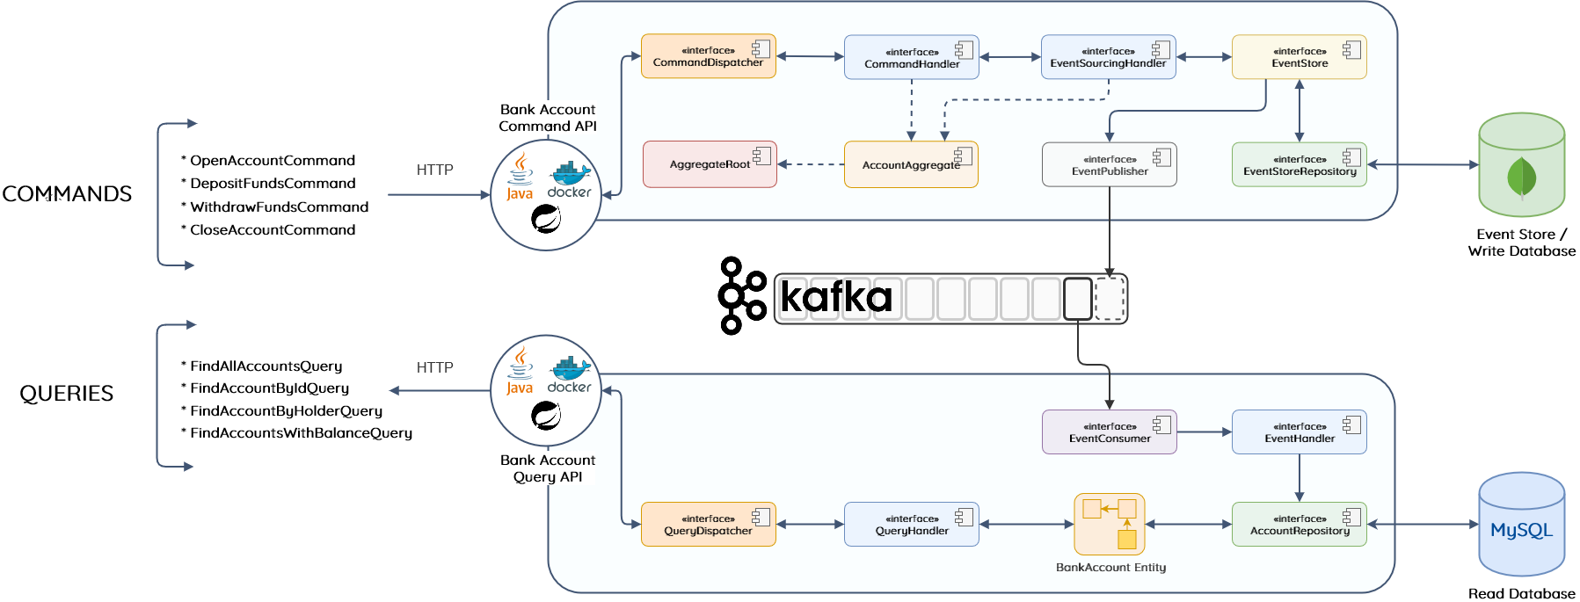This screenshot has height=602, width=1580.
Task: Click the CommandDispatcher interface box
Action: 708,56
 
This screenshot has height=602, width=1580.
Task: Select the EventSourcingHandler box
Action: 1108,57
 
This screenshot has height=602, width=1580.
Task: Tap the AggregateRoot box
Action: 710,164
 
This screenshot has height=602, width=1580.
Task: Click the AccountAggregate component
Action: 911,164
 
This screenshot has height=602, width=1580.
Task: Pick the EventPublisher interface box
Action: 1109,165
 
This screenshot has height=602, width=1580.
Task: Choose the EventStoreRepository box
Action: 1299,165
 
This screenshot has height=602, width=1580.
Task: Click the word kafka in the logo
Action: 835,297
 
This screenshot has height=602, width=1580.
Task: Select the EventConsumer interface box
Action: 1109,432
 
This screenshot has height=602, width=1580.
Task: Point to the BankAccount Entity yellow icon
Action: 1110,524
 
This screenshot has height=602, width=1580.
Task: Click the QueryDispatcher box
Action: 708,525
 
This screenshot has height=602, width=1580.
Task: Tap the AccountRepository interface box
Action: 1299,525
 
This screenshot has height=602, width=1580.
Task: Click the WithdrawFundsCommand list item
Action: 279,207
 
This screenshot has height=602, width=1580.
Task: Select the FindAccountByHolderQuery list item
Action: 286,410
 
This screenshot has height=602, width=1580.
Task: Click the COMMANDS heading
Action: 67,194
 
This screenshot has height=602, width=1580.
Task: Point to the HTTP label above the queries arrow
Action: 434,367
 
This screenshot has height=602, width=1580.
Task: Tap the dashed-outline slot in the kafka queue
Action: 1110,299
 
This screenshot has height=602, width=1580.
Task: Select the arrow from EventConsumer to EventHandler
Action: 1204,432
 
